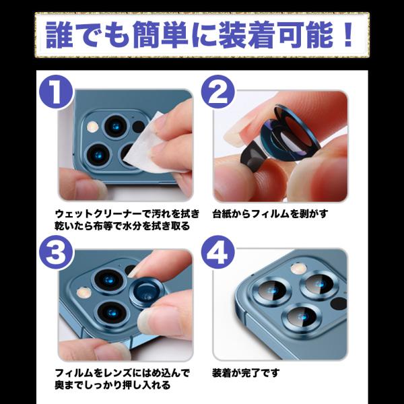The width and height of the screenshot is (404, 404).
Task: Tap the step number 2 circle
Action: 218,92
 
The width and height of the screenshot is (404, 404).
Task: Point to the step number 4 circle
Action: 218,252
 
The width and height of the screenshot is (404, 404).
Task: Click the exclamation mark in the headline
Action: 347,34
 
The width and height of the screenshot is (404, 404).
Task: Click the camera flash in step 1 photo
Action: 92,127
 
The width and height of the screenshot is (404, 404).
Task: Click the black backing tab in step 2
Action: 252,155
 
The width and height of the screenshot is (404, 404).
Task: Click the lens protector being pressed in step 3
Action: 146,293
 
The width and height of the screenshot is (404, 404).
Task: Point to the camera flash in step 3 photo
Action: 84,293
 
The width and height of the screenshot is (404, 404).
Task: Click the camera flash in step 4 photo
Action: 298,269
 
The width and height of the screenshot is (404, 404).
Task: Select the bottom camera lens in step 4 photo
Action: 302,318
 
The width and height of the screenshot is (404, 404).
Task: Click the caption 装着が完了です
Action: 246,373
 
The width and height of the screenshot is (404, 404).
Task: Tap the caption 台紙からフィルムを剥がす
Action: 270,214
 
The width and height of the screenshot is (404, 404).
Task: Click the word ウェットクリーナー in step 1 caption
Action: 98,214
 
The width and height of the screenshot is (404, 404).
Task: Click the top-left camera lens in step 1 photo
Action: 115,127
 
